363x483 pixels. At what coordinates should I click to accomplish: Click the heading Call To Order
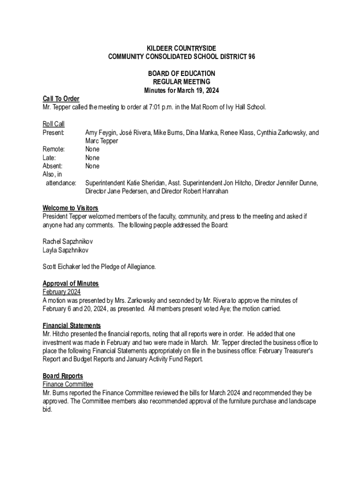(x=61, y=99)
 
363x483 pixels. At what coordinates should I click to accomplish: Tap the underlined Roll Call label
(x=53, y=124)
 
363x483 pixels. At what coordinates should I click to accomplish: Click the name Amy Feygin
(x=102, y=133)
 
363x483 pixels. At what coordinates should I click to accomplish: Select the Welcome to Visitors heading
(x=70, y=208)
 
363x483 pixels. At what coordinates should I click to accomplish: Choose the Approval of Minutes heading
(x=71, y=283)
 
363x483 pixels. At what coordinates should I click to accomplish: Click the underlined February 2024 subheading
(x=61, y=292)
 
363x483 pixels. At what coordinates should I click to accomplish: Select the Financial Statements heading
(x=72, y=325)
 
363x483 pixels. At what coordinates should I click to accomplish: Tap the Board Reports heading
(x=63, y=376)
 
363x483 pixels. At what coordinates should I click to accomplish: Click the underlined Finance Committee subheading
(x=68, y=384)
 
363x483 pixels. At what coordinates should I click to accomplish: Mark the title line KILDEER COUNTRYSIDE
(x=181, y=48)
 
